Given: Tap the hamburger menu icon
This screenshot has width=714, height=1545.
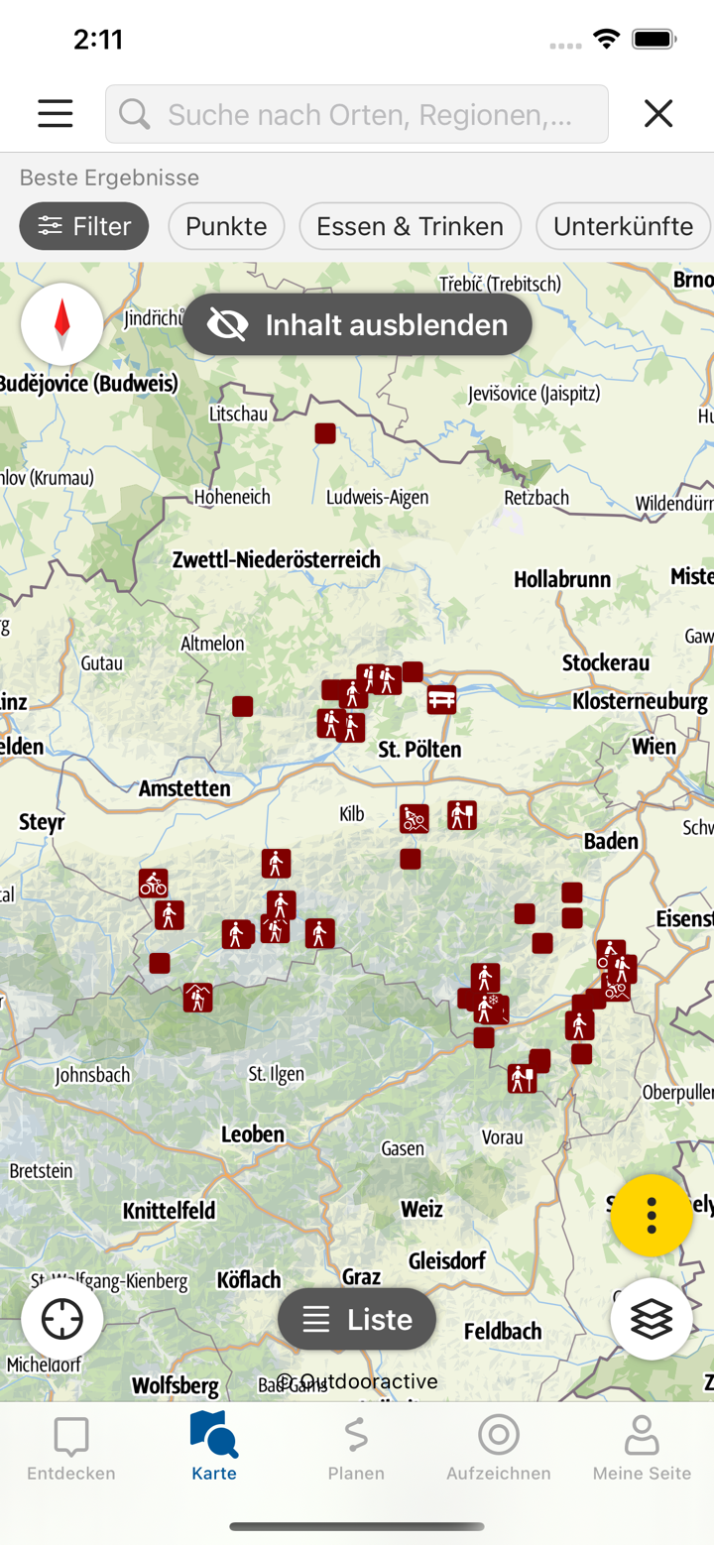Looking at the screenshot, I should click(56, 113).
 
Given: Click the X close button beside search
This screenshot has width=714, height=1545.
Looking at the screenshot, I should click(658, 113).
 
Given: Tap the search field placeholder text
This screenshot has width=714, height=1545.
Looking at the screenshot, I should click(369, 115).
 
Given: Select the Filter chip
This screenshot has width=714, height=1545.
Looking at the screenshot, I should click(84, 226).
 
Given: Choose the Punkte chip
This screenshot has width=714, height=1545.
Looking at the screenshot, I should click(226, 226).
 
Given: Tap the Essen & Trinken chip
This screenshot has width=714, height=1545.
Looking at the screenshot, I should click(410, 226).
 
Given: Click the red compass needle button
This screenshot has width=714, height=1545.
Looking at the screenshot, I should click(62, 323).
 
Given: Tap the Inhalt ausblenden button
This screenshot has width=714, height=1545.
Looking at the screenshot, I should click(357, 324).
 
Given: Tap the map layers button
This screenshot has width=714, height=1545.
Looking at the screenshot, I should click(652, 1319).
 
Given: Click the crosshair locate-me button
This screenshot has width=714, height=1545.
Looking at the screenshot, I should click(62, 1319).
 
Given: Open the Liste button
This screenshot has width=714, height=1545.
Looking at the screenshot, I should click(357, 1319).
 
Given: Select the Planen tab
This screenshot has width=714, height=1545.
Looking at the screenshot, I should click(356, 1448).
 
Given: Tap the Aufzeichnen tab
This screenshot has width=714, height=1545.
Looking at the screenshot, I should click(499, 1448).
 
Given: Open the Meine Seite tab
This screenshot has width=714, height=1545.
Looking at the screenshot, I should click(642, 1448).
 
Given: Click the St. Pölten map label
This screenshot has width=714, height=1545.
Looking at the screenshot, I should click(419, 749).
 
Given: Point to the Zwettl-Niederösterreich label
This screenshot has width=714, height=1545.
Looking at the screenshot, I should click(276, 559).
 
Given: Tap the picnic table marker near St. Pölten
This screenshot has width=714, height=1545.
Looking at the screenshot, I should click(442, 699).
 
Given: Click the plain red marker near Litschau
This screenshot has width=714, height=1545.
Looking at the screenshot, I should click(325, 433).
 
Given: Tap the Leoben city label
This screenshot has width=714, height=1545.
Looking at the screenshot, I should click(253, 1133).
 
